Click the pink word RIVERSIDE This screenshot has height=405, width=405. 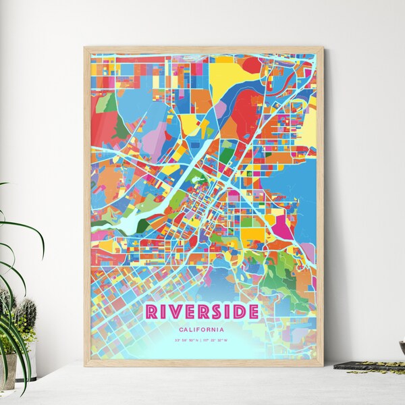201,311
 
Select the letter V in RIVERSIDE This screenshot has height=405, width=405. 176,311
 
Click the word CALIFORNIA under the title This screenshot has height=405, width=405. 201,329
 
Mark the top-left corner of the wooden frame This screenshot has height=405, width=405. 85,48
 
